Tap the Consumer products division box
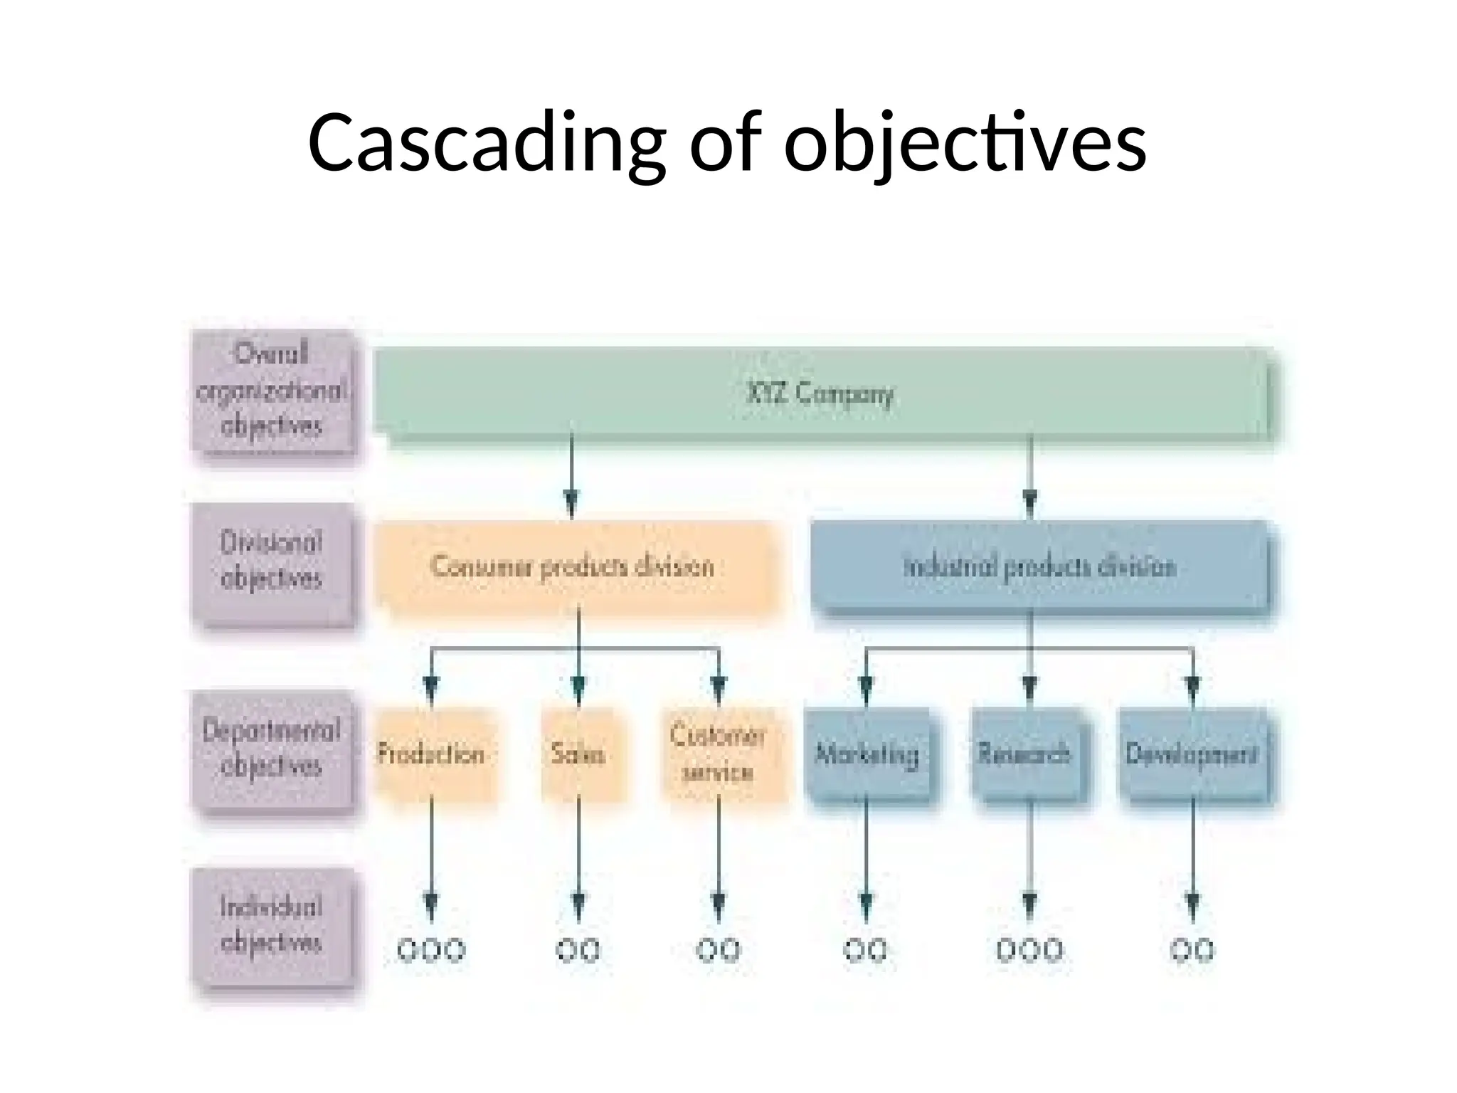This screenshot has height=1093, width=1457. click(x=572, y=567)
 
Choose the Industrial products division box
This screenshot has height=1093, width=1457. click(x=1039, y=567)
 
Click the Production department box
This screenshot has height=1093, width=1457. click(x=431, y=754)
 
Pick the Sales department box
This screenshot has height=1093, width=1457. click(x=578, y=754)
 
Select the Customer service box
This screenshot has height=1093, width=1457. click(x=719, y=754)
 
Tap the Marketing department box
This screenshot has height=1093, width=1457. click(x=867, y=754)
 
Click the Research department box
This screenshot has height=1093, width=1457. click(x=1024, y=754)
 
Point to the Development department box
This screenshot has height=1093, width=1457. click(x=1192, y=754)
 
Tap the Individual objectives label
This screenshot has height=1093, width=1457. click(x=272, y=925)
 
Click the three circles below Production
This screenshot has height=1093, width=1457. click(x=431, y=950)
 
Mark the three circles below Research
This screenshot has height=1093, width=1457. click(x=1029, y=950)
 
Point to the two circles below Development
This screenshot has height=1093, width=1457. click(x=1192, y=950)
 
